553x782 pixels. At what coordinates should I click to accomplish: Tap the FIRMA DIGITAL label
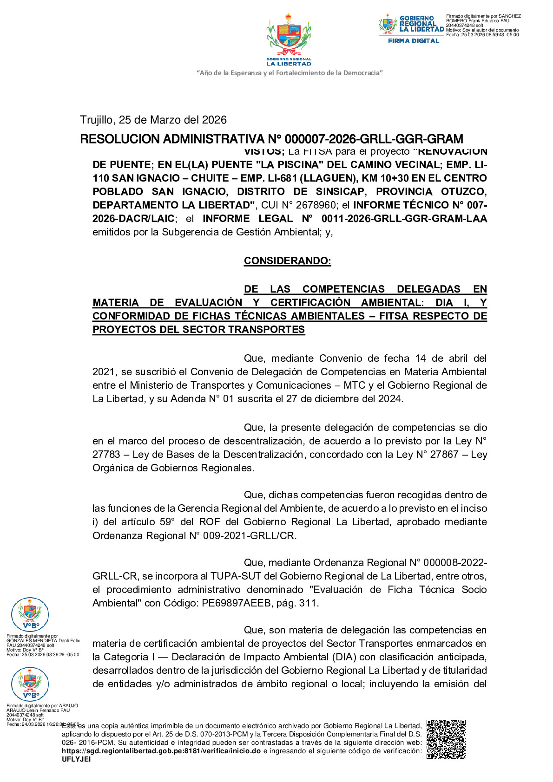414,41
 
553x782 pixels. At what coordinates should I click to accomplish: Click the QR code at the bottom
446,739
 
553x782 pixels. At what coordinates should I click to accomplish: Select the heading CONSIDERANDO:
287,261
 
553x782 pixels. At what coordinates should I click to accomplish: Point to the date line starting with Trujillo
153,120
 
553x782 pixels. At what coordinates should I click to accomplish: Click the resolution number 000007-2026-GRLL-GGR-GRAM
374,139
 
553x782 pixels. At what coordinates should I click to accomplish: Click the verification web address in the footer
161,751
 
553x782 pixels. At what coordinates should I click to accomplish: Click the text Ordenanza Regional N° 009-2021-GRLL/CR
194,536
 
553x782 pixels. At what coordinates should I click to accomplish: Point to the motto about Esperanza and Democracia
289,73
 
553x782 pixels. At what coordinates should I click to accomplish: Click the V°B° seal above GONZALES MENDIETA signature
30,615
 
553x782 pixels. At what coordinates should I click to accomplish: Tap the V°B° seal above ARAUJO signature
30,684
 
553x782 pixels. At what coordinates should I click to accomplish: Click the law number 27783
106,455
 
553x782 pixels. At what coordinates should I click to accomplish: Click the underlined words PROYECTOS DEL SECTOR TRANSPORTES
198,330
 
